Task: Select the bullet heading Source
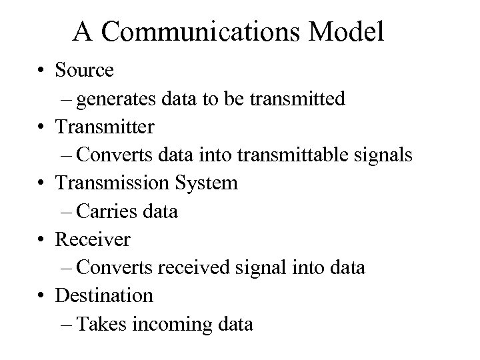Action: click(85, 69)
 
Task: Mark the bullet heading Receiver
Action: click(93, 239)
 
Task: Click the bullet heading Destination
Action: click(105, 295)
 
